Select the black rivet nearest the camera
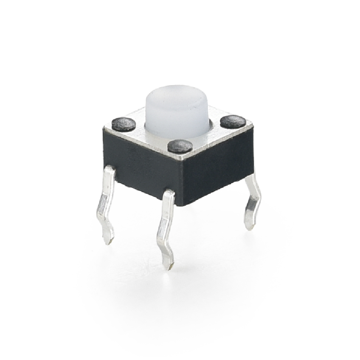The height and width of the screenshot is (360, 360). (180, 146)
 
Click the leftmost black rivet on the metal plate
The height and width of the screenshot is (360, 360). (124, 124)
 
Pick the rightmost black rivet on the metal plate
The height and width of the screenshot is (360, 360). (233, 122)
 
